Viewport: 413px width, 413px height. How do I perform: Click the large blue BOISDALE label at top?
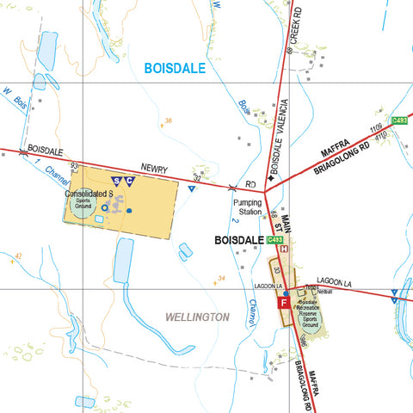(175, 67)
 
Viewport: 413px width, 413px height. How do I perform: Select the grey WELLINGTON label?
(197, 317)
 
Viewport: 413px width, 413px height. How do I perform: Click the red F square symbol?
(282, 303)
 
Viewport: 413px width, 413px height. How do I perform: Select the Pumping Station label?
(247, 206)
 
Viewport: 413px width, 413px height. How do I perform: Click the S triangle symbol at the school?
(117, 181)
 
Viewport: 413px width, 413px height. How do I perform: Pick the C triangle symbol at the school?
(129, 181)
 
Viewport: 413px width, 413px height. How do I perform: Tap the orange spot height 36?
(169, 121)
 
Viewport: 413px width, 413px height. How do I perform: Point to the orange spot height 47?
(18, 256)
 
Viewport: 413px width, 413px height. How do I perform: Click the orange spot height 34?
(221, 278)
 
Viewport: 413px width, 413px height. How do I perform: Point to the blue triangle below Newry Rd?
(191, 188)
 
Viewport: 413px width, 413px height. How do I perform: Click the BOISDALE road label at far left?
(46, 149)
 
